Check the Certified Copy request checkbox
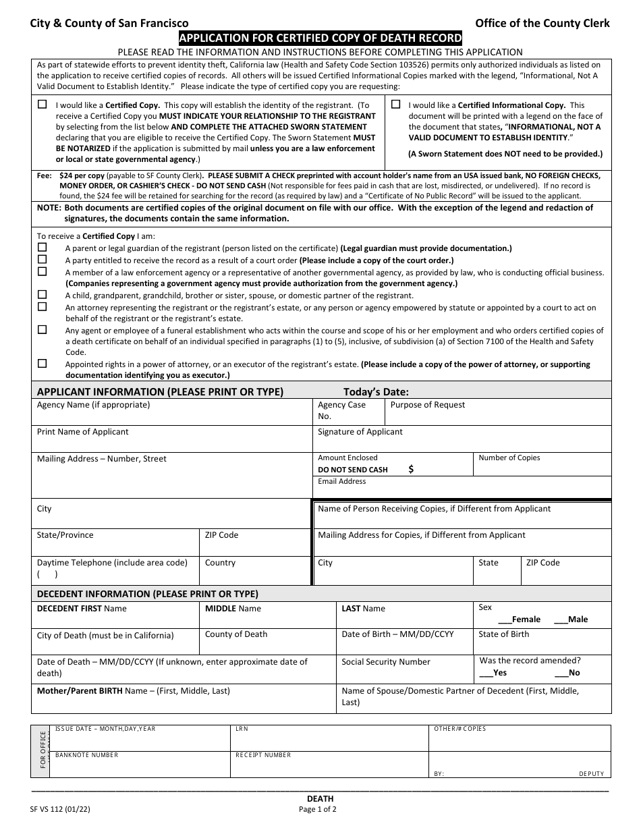pyautogui.click(x=43, y=105)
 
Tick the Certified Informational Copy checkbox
pyautogui.click(x=396, y=105)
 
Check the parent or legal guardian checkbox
pyautogui.click(x=43, y=248)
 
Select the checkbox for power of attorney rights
pyautogui.click(x=43, y=363)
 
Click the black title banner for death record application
pyautogui.click(x=320, y=38)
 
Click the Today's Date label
pyautogui.click(x=376, y=391)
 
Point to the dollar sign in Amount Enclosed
pyautogui.click(x=412, y=470)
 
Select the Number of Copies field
pyautogui.click(x=542, y=466)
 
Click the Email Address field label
pyautogui.click(x=342, y=481)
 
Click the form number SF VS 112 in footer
pyautogui.click(x=60, y=808)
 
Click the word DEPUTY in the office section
pyautogui.click(x=591, y=773)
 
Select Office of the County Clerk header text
pyautogui.click(x=542, y=23)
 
